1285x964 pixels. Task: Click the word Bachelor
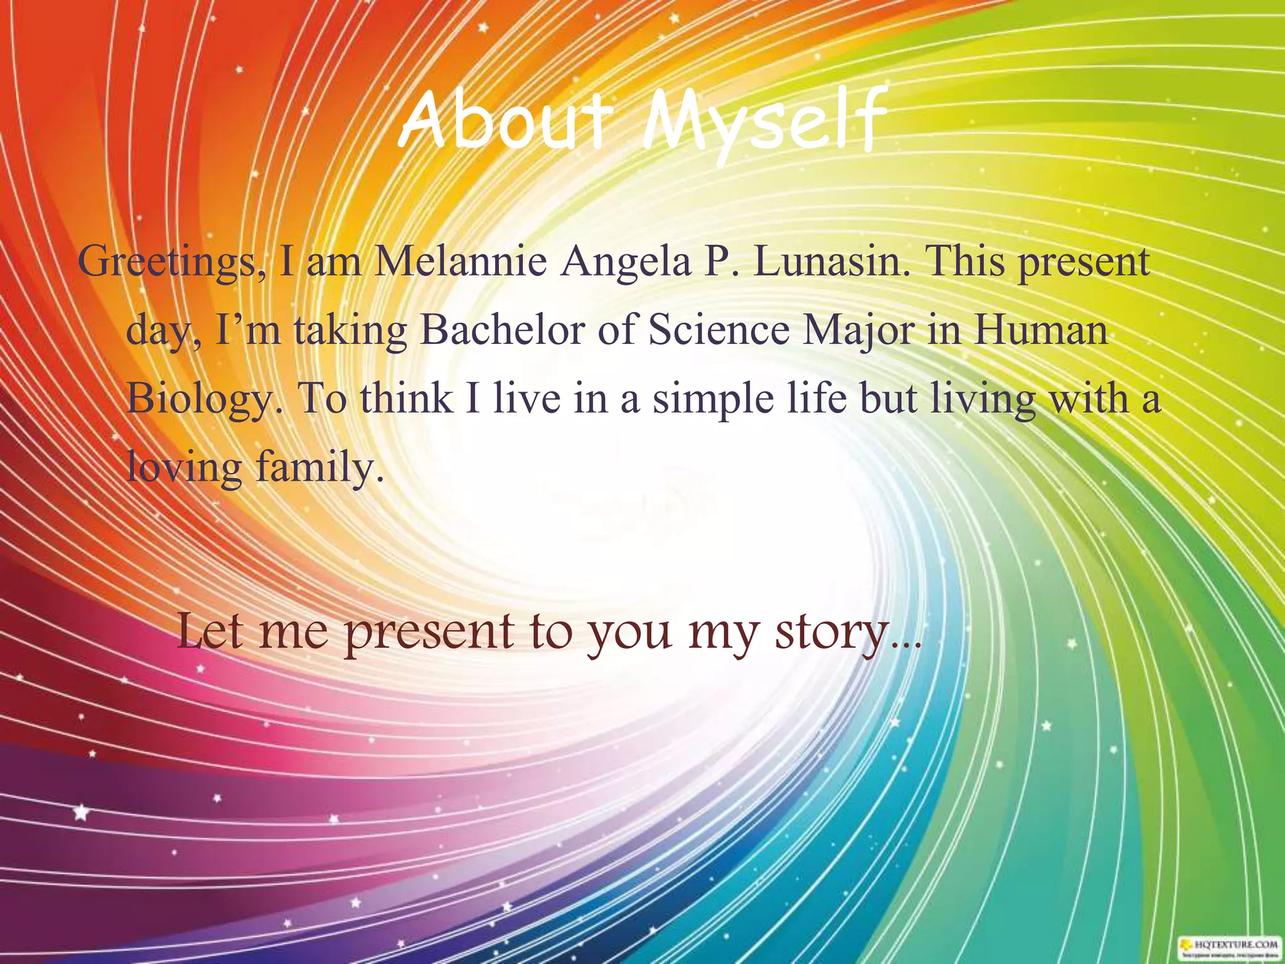tap(502, 330)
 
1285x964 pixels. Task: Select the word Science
tap(719, 330)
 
